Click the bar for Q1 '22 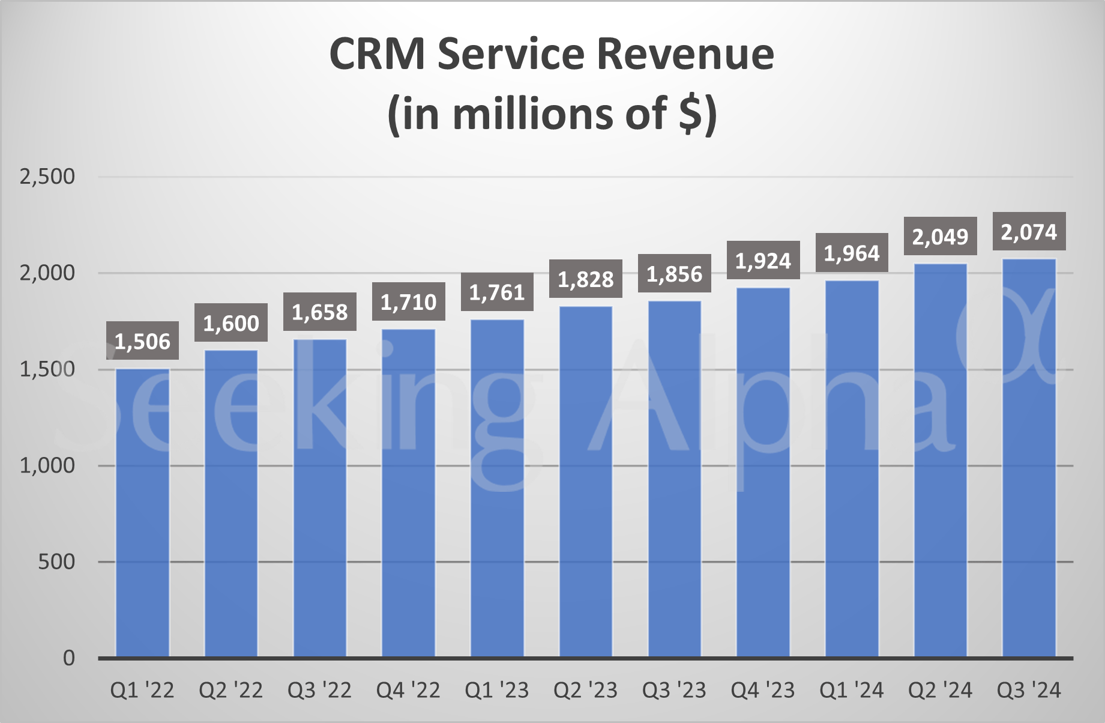pos(142,513)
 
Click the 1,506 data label pos(142,341)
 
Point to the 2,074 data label pos(1029,232)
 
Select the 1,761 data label pos(497,292)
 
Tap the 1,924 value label pos(763,261)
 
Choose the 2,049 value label pos(940,237)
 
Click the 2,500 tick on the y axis pos(47,177)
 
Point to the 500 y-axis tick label pos(56,562)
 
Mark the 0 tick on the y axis pos(69,658)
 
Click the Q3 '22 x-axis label pos(319,691)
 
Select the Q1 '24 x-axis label pos(851,691)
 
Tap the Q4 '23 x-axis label pos(762,691)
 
